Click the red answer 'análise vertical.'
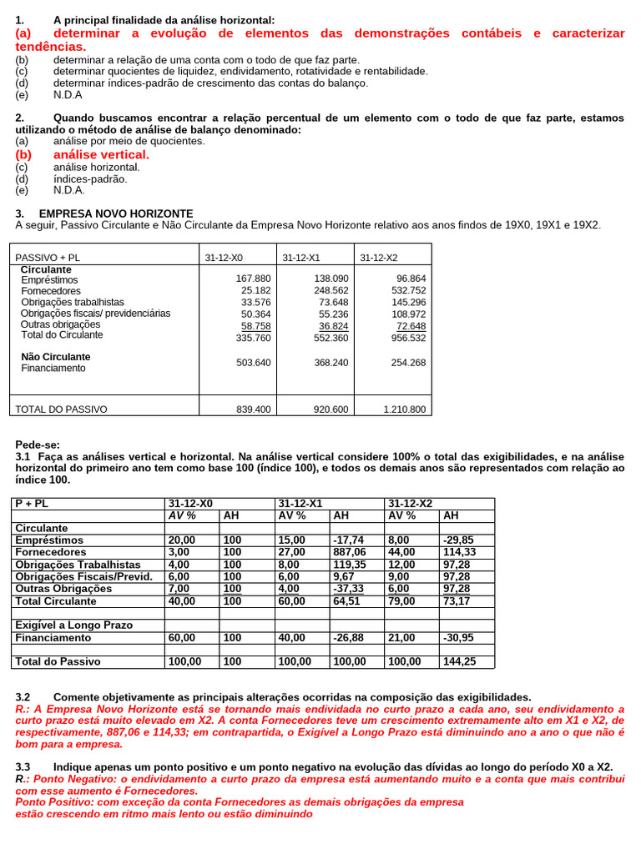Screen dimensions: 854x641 [x=101, y=154]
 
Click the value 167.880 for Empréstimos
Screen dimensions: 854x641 [x=254, y=279]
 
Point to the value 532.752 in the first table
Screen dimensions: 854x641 [x=408, y=290]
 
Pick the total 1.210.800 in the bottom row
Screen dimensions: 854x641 [x=405, y=409]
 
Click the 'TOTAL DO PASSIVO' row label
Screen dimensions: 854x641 [x=62, y=409]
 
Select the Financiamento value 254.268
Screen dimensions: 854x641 [x=408, y=363]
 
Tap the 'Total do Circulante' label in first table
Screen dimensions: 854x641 [x=62, y=335]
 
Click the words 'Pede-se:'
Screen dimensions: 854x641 [x=38, y=445]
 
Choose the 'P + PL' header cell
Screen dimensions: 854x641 [x=31, y=504]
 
